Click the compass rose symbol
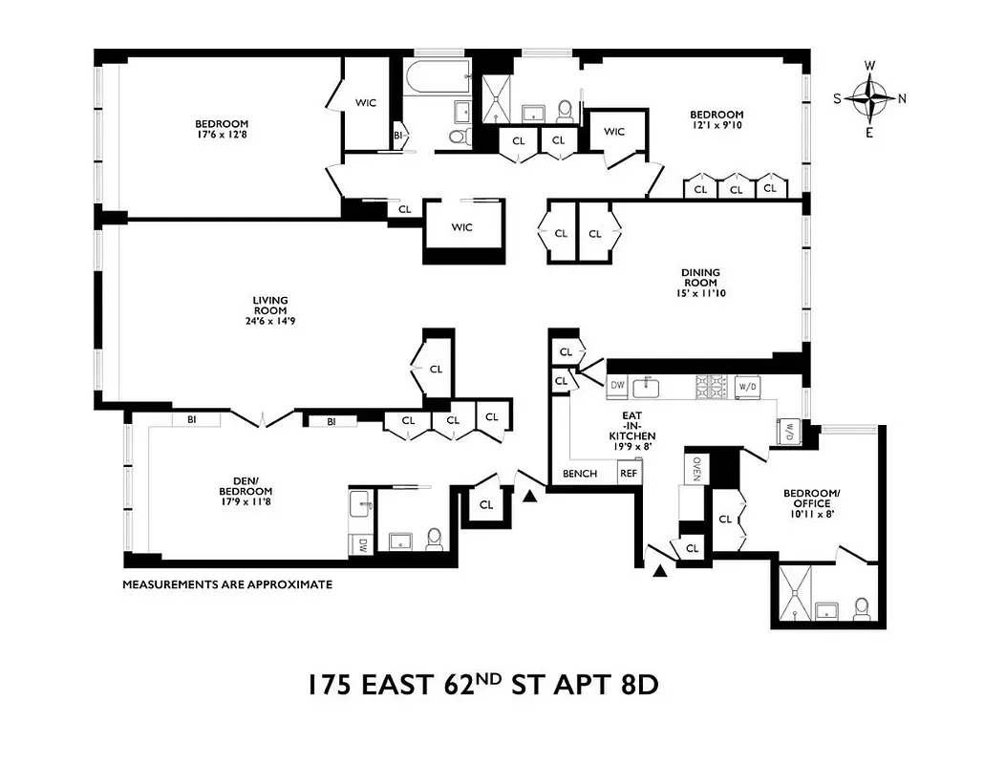point(869,98)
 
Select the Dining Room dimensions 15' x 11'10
point(700,293)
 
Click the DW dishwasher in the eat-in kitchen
point(617,386)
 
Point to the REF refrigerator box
point(628,474)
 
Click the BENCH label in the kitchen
point(580,474)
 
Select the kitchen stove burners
point(710,386)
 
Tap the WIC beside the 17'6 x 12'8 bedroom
point(366,103)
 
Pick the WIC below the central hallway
point(462,227)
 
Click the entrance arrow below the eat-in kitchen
point(659,572)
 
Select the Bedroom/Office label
point(808,499)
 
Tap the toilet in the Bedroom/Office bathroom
point(862,607)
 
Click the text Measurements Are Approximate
point(227,584)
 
